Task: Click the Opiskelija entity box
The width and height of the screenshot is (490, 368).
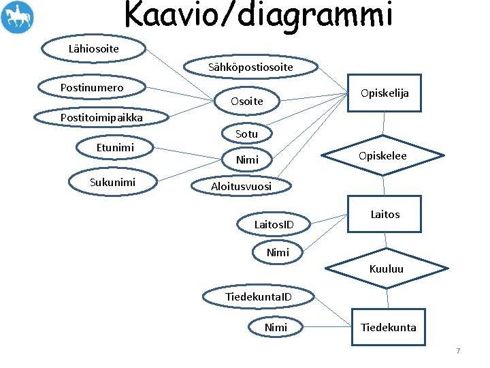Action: pos(385,93)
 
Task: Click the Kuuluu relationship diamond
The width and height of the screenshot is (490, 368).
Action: pos(386,269)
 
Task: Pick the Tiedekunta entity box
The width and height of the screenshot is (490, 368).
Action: pos(388,327)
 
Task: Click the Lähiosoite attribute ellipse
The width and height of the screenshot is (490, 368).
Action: pos(94,48)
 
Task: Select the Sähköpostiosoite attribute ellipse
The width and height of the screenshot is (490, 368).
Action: pos(250,67)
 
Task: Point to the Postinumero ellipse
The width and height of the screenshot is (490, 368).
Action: pos(92,88)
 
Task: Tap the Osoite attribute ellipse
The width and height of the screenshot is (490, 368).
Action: pos(246,101)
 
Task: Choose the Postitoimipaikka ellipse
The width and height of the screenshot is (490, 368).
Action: pos(101,117)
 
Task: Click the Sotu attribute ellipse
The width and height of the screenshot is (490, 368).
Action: pos(246,134)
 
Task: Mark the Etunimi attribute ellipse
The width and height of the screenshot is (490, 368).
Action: pos(115,147)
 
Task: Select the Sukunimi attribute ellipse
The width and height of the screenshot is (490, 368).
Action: pos(112,182)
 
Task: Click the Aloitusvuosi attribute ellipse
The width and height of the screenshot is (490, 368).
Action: pos(241,186)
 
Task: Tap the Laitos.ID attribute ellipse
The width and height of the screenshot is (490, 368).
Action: pos(274,224)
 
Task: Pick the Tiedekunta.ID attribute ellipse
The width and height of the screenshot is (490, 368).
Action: pos(259,296)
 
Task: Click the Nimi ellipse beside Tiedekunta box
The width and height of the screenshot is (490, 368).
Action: pos(276,327)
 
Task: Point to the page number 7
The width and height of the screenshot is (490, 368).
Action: pos(458,351)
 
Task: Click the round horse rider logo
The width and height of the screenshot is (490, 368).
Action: pos(17,17)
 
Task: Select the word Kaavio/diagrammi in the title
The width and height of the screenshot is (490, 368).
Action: pos(259,15)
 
